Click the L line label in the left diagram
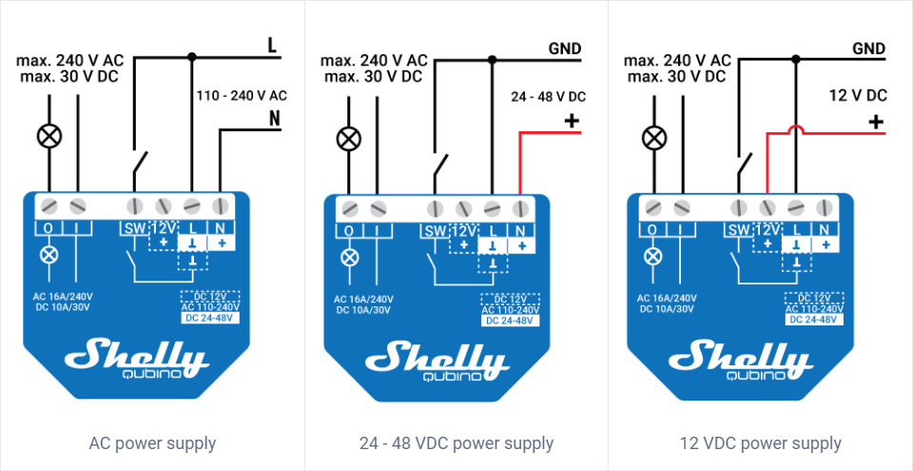272,45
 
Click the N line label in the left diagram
274,120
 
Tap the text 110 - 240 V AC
242,95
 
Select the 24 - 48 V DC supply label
548,96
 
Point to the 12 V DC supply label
858,96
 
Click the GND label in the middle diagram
565,49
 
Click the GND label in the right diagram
869,49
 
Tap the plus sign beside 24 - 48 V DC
572,121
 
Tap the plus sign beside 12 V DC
876,121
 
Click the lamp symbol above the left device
48,137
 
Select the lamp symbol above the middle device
349,139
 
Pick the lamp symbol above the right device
653,139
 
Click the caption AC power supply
152,443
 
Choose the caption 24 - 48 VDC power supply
456,443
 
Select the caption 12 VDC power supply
761,443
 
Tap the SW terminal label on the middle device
435,231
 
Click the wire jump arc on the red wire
795,130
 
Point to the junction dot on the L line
192,56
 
